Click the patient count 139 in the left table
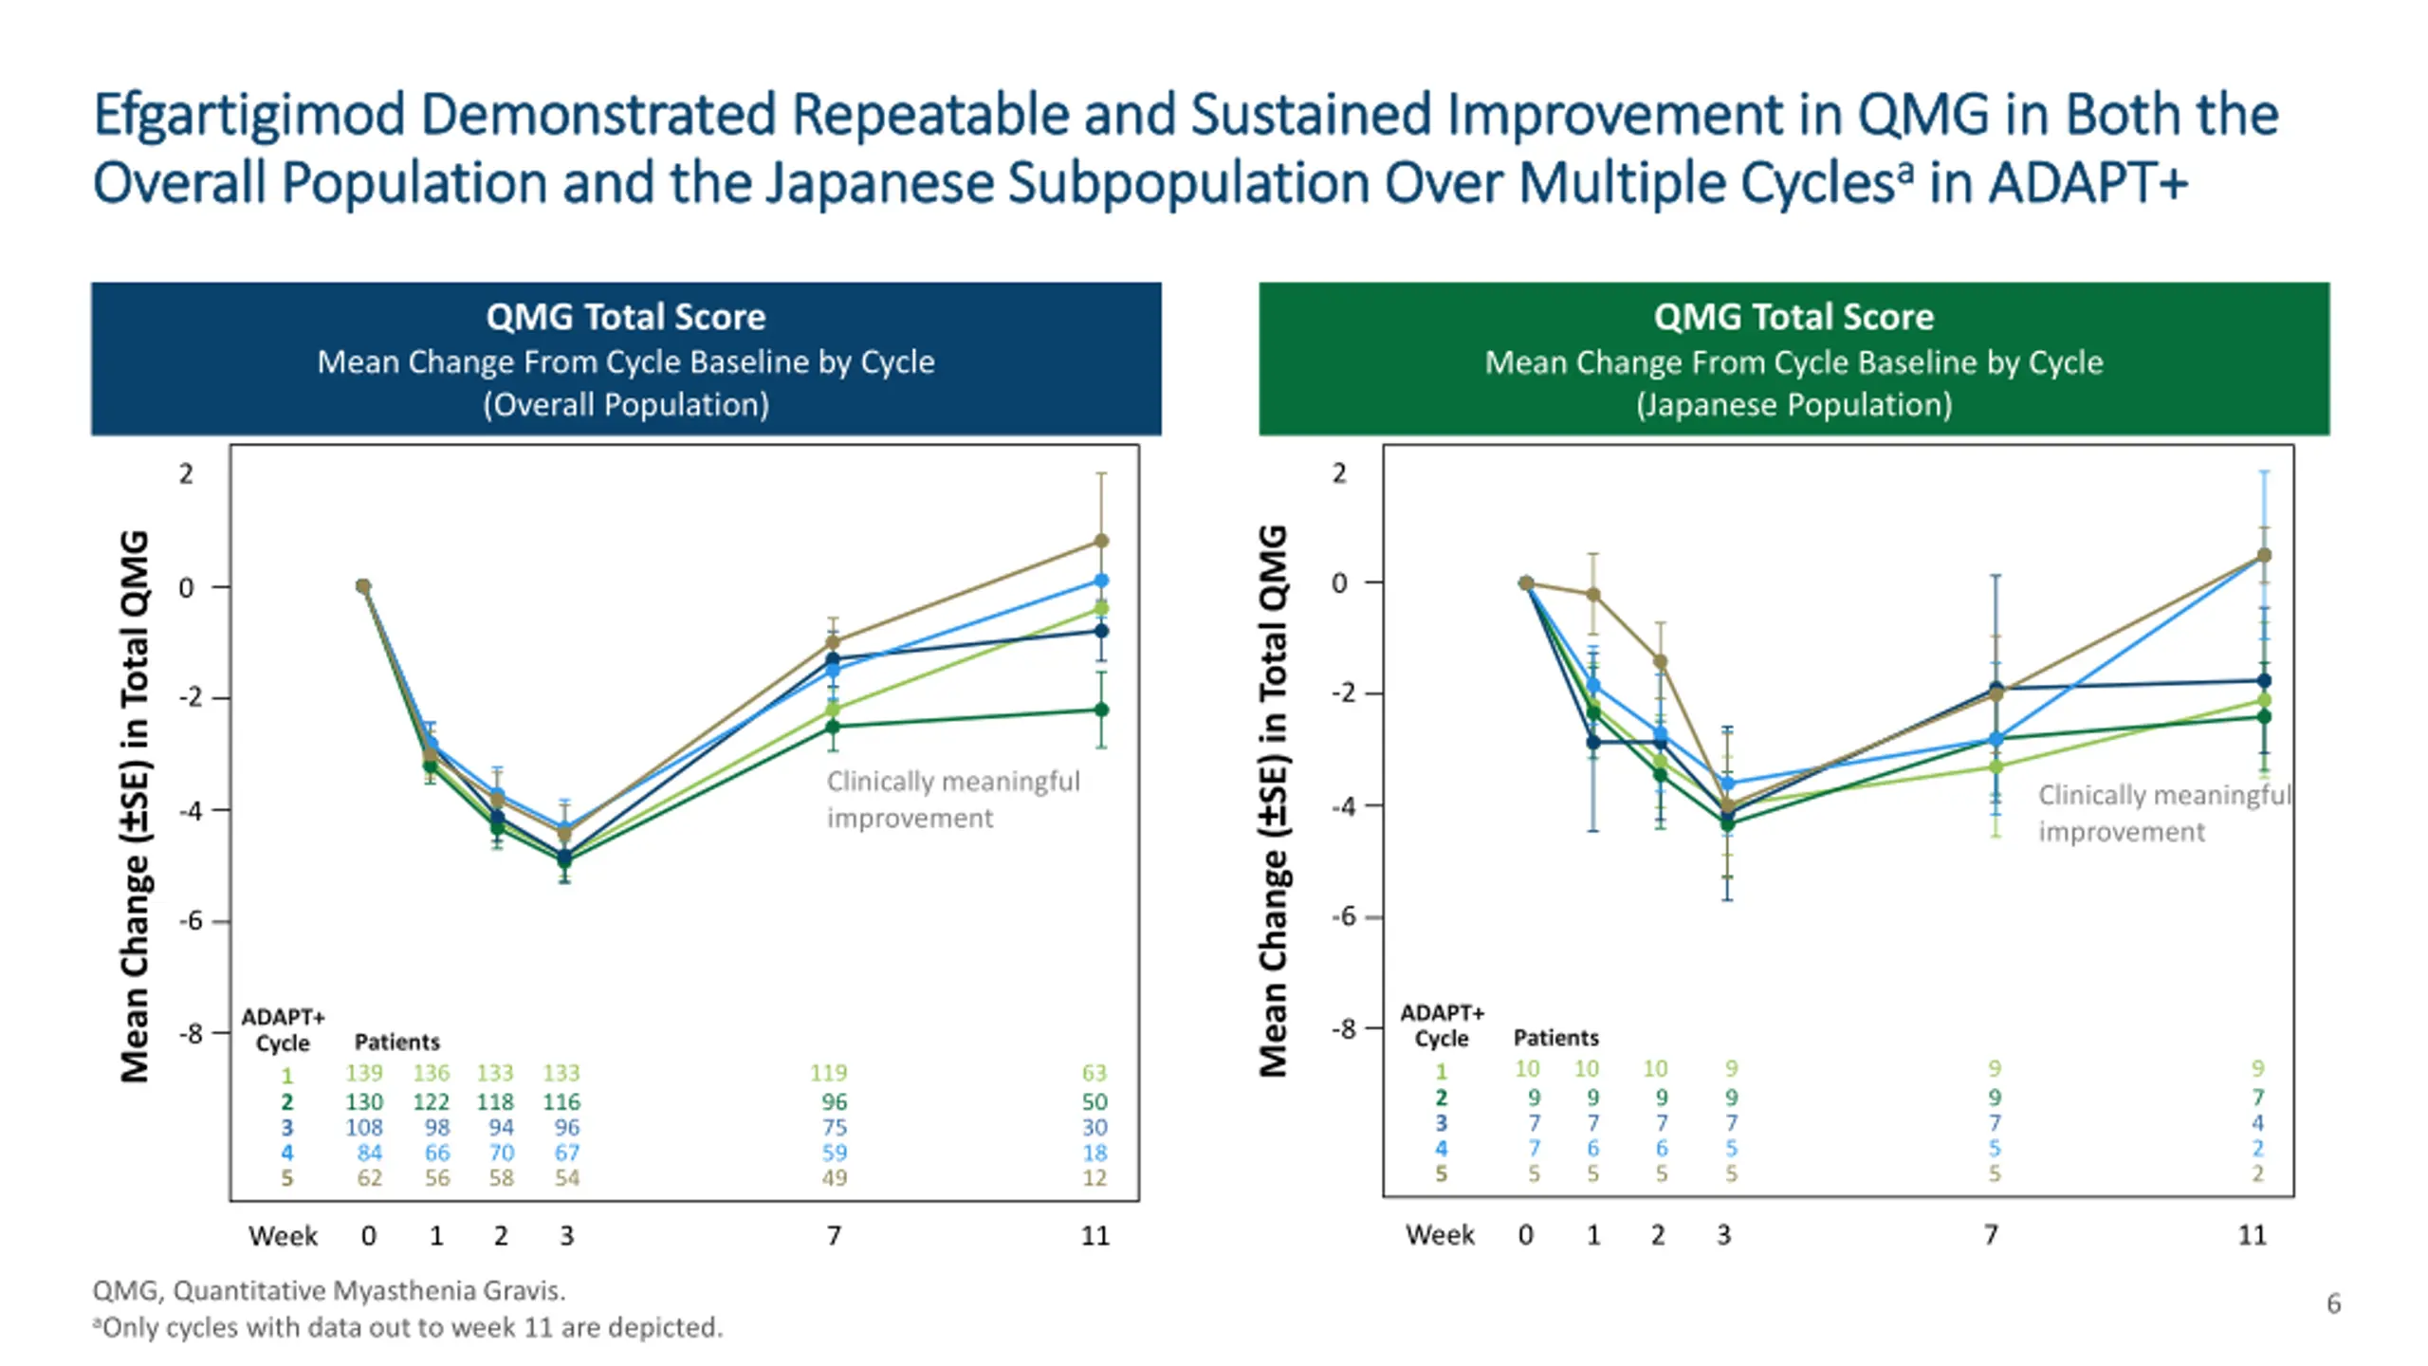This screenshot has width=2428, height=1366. pos(363,1073)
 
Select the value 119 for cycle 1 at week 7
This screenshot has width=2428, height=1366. pos(828,1073)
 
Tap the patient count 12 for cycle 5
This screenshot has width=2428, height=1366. pos(1094,1178)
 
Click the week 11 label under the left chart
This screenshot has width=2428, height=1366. pos(1094,1235)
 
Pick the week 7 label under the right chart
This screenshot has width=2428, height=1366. pos(1991,1234)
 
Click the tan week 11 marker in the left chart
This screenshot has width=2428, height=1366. pos(1101,541)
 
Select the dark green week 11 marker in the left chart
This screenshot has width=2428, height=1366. pos(1101,710)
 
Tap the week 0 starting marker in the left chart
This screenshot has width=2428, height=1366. pos(363,586)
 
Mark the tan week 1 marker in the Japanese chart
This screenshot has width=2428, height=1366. pos(1593,595)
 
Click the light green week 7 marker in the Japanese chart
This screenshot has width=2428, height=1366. pos(1996,766)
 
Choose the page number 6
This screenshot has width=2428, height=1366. pos(2333,1303)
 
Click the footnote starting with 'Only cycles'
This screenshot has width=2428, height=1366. pos(408,1327)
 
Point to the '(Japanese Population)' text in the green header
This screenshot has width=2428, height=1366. pos(1793,405)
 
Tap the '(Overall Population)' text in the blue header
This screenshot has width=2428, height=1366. pos(626,405)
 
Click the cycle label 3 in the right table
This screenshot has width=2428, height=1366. pos(1441,1123)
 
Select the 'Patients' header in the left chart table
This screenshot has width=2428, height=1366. pos(396,1042)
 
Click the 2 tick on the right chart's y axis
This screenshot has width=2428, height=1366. pos(1338,472)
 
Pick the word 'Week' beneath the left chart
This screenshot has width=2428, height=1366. pos(283,1235)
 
